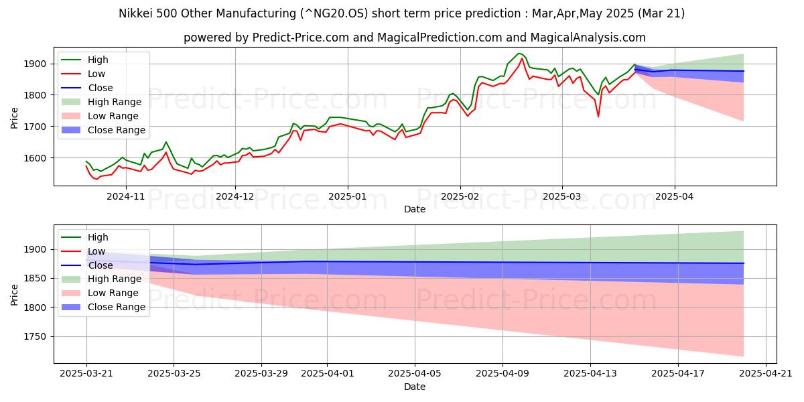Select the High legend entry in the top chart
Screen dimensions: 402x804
pyautogui.click(x=97, y=60)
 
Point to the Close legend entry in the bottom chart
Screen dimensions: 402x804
pyautogui.click(x=100, y=265)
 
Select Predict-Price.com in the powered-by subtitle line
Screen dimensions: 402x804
pyautogui.click(x=297, y=38)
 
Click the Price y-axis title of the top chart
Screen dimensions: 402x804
pyautogui.click(x=15, y=117)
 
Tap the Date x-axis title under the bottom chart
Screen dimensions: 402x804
pyautogui.click(x=414, y=387)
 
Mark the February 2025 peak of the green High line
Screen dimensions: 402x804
pyautogui.click(x=518, y=54)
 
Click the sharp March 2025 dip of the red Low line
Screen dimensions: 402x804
pyautogui.click(x=598, y=117)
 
